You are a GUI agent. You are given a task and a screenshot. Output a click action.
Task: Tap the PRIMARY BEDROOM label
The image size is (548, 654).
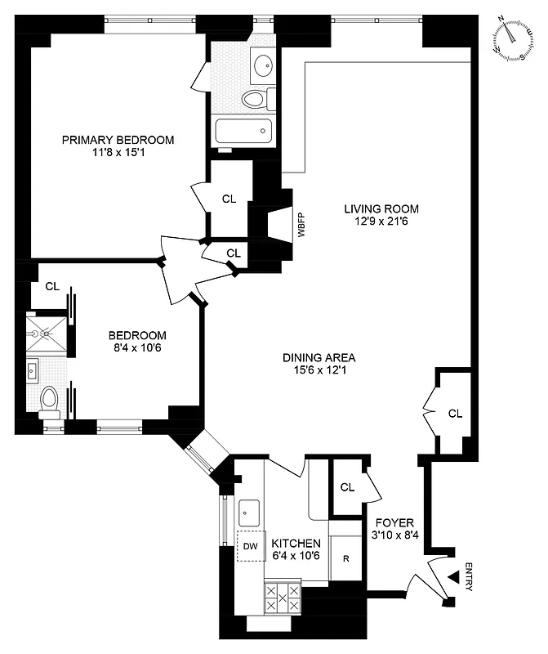coord(118,140)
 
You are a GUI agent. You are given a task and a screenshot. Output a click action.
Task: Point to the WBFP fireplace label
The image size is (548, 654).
coord(301,225)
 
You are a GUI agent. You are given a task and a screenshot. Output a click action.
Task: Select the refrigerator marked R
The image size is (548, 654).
coord(346,560)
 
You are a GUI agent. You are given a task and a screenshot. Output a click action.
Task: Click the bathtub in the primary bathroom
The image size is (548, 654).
coord(243,129)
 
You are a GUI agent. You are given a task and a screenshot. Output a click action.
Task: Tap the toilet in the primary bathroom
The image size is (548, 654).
coord(256,100)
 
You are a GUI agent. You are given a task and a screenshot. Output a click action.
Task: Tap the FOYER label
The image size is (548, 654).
coord(394,523)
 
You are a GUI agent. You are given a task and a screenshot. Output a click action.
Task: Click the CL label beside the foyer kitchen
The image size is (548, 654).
coord(347,487)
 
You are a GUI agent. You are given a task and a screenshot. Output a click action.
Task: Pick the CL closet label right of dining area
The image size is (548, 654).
coord(455,414)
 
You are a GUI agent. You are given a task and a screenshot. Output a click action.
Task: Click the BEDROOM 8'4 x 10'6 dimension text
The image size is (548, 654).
coord(138,348)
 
